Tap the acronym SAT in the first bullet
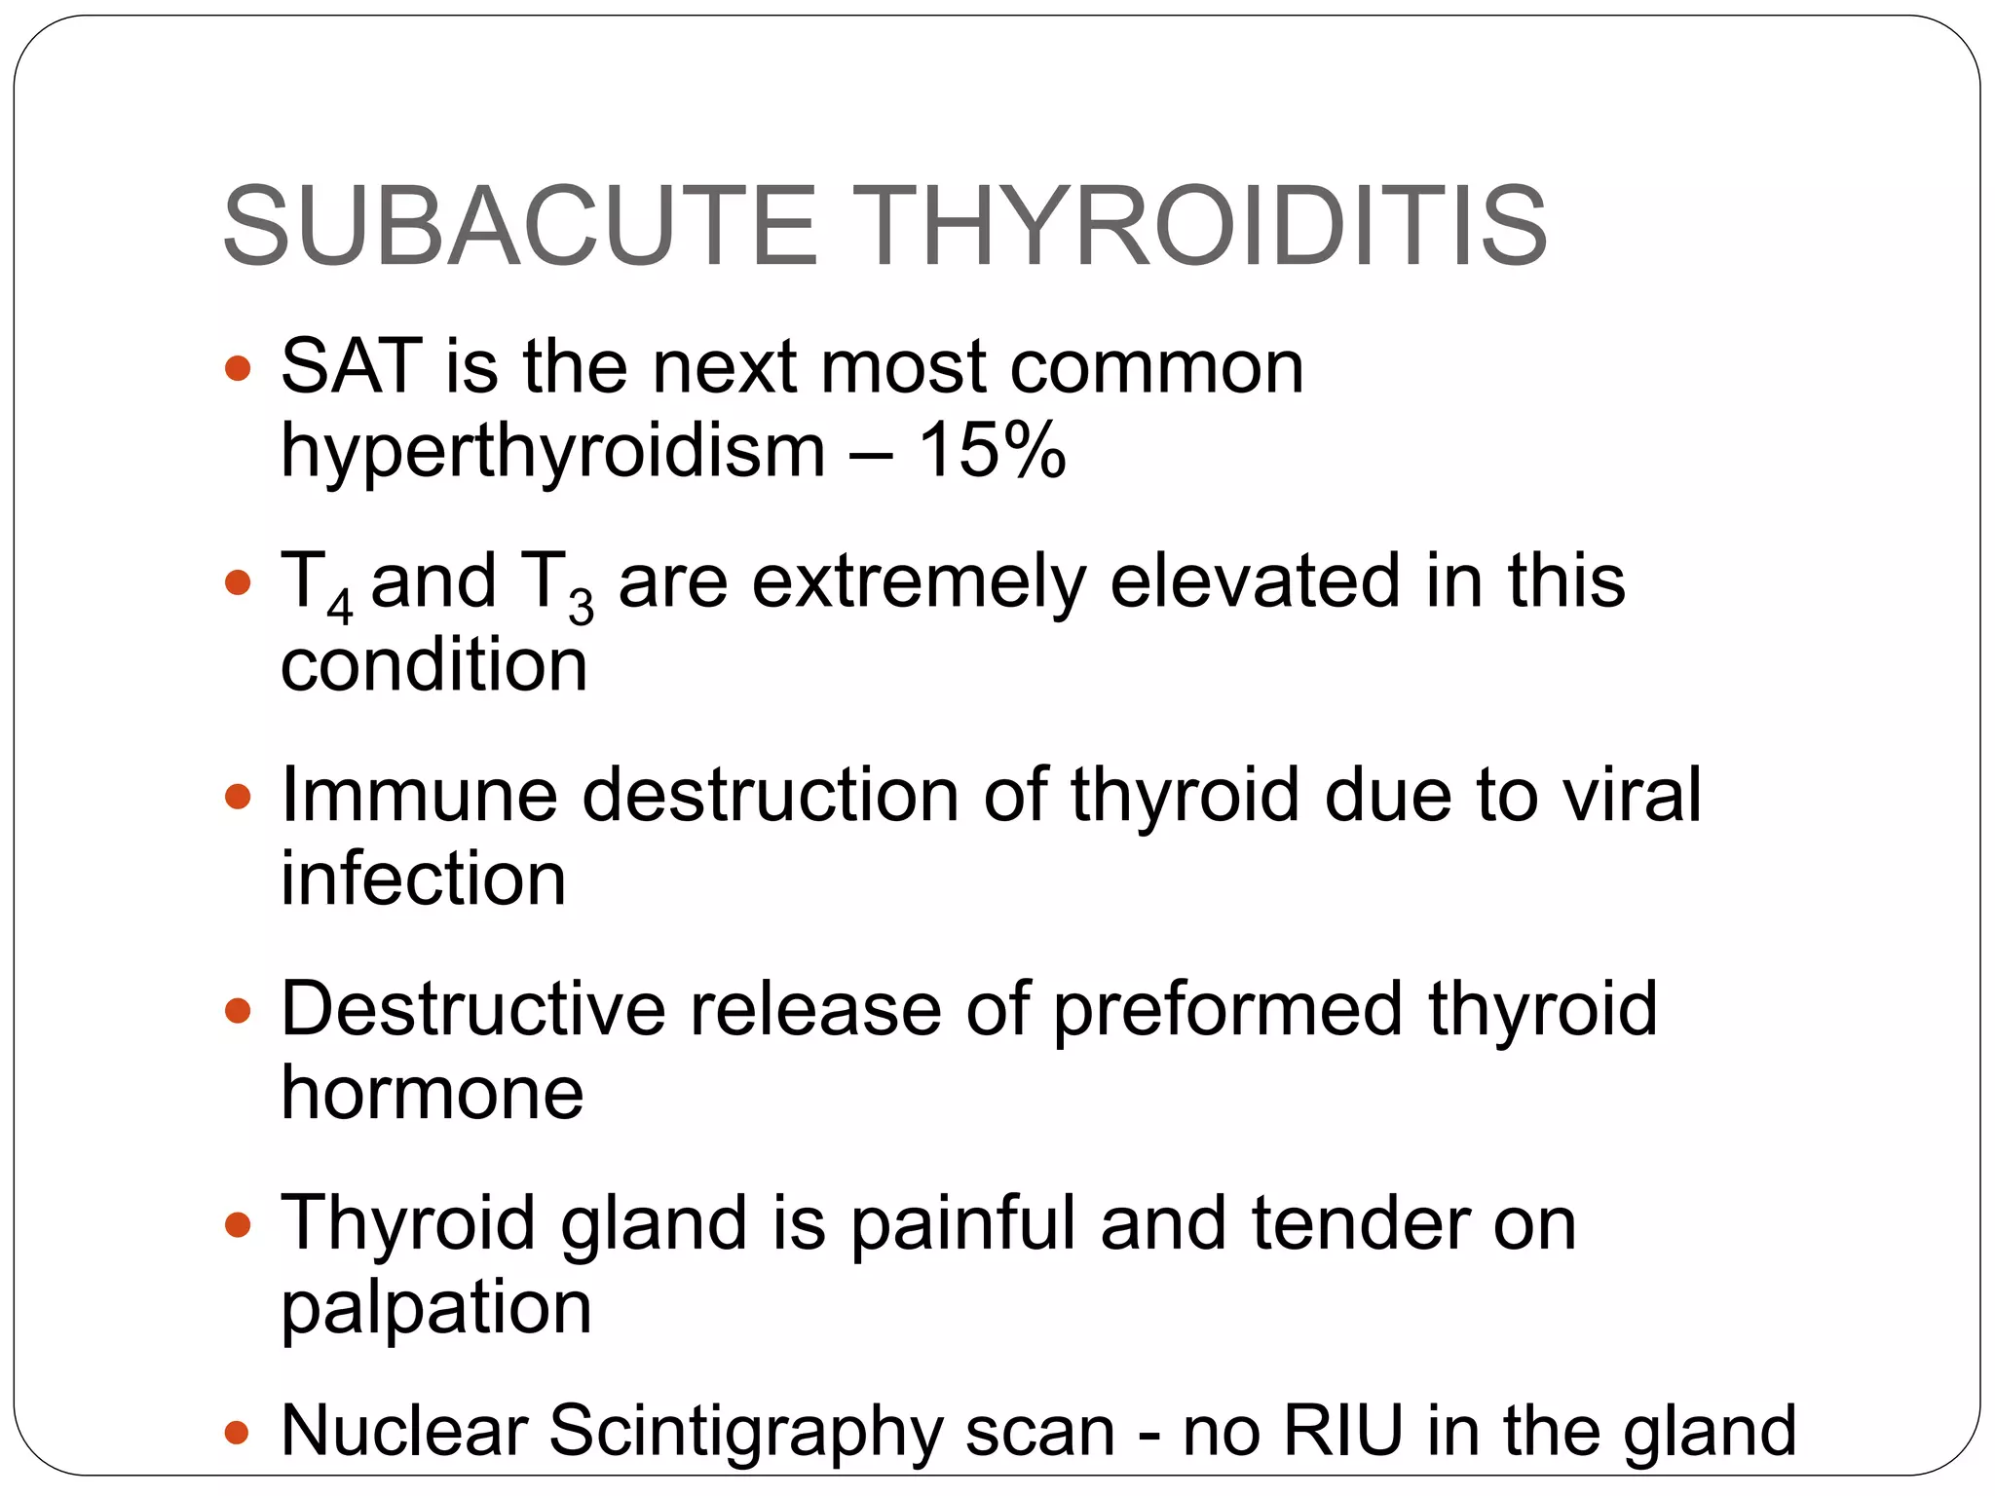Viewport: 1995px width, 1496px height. (x=352, y=366)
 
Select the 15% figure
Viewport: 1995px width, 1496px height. (x=992, y=450)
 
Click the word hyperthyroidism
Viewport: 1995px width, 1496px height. (x=552, y=452)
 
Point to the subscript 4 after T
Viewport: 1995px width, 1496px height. (x=339, y=608)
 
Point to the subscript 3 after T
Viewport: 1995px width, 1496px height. (x=582, y=608)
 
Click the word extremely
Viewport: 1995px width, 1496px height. (x=919, y=582)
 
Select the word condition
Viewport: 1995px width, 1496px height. (x=433, y=665)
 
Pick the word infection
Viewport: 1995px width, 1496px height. (x=423, y=879)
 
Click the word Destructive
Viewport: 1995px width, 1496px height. (x=473, y=1009)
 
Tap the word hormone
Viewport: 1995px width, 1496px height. (x=432, y=1093)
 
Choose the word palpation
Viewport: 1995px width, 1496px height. (x=435, y=1309)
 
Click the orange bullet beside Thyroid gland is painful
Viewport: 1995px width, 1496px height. (x=238, y=1224)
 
